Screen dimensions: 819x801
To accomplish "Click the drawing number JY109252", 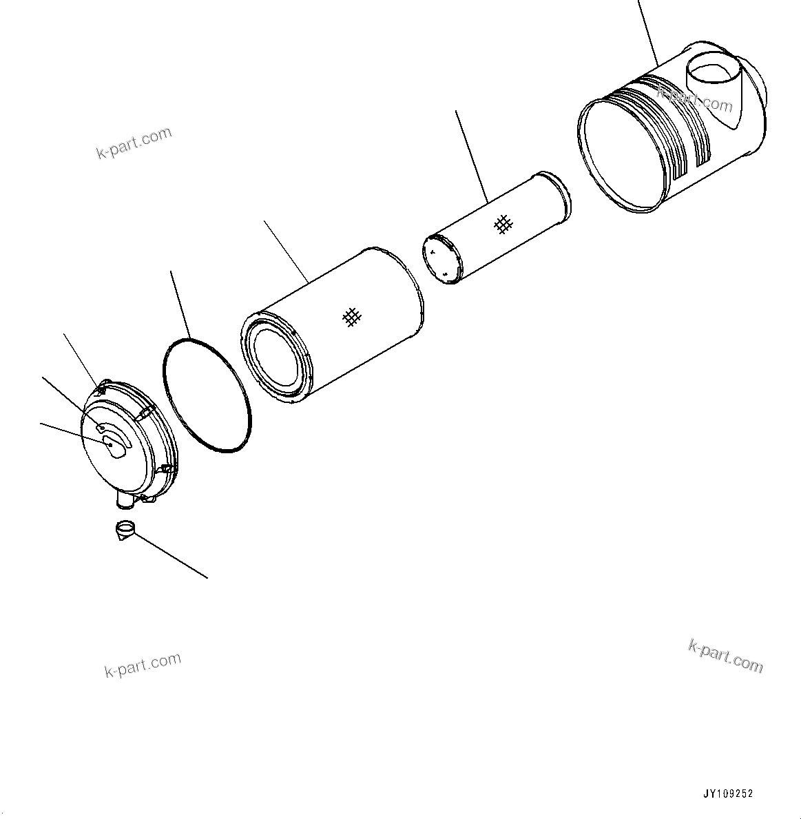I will click(728, 794).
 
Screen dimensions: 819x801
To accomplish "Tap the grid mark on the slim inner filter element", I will click(505, 223).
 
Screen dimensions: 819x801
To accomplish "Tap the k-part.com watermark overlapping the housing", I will click(696, 97).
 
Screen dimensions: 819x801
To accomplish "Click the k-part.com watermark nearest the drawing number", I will click(725, 655).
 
